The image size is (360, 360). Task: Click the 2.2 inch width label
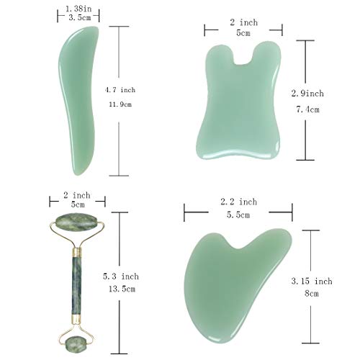point(238,202)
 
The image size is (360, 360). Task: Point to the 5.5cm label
point(238,215)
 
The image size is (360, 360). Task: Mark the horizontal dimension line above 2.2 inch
point(238,212)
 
